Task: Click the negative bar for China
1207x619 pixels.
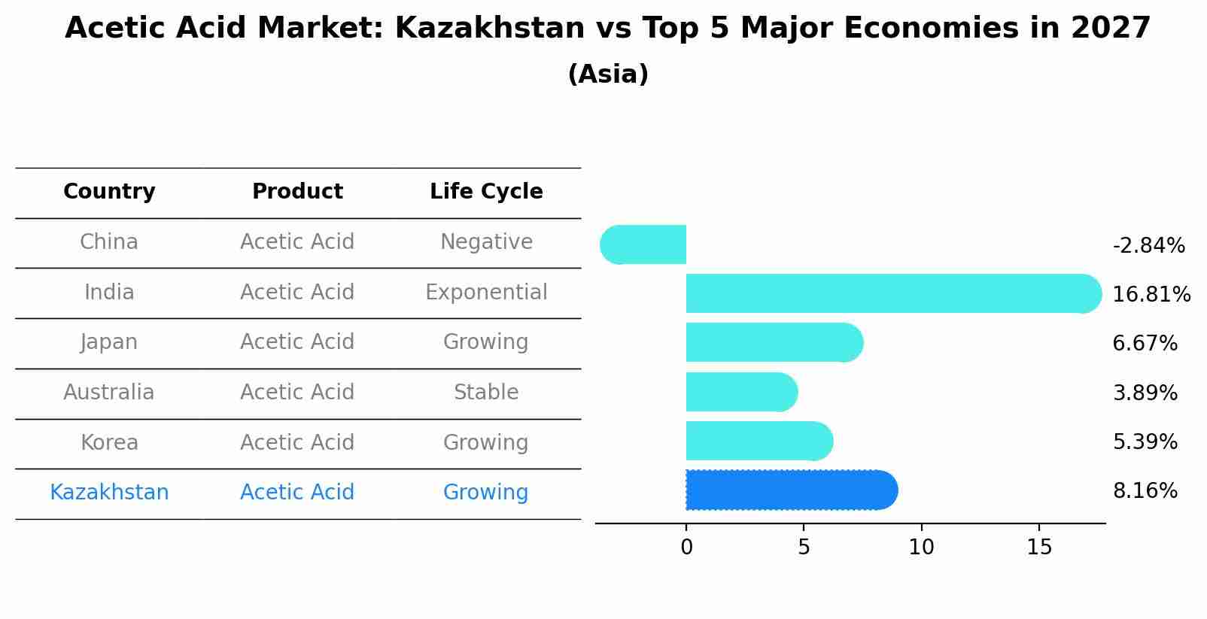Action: point(644,244)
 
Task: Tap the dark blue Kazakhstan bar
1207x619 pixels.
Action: point(790,490)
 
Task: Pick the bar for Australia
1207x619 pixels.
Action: point(740,392)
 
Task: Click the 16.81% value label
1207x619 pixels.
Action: point(1151,294)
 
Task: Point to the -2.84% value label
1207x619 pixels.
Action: point(1148,246)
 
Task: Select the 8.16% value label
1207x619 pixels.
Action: point(1145,491)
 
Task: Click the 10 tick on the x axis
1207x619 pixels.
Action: point(921,548)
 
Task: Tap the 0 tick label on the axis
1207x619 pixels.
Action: point(686,548)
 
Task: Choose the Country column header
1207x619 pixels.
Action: point(109,192)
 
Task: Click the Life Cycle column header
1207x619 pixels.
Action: point(486,192)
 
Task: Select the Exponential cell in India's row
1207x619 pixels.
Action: point(486,292)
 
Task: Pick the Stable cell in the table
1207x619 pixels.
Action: point(486,392)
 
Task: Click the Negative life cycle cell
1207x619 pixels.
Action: point(486,242)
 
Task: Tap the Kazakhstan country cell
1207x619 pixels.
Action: point(109,492)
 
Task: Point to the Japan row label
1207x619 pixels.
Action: point(109,342)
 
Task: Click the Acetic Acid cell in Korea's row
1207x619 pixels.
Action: point(297,442)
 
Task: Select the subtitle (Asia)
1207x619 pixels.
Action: point(608,74)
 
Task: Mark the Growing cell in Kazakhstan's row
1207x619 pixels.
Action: point(486,492)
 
